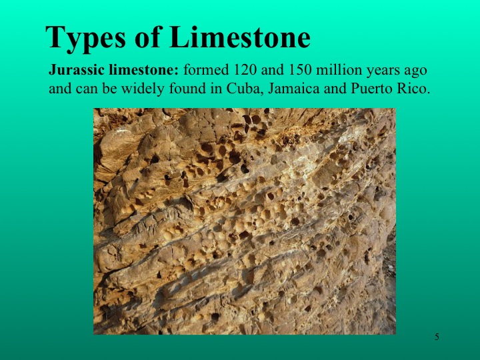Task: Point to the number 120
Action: point(243,70)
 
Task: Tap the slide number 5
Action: point(437,337)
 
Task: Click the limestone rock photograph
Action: point(244,221)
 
